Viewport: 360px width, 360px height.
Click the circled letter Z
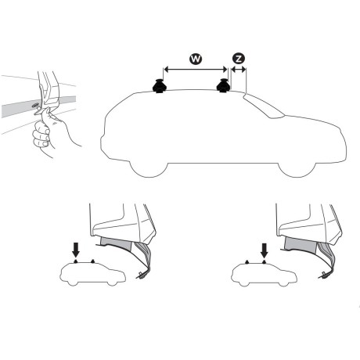tap(238, 58)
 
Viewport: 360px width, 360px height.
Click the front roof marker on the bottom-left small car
tap(94, 261)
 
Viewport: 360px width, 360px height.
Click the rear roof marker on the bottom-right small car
tap(248, 261)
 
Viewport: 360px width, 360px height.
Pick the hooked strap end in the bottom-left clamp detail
tap(142, 275)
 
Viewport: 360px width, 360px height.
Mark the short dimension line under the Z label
tap(238, 70)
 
